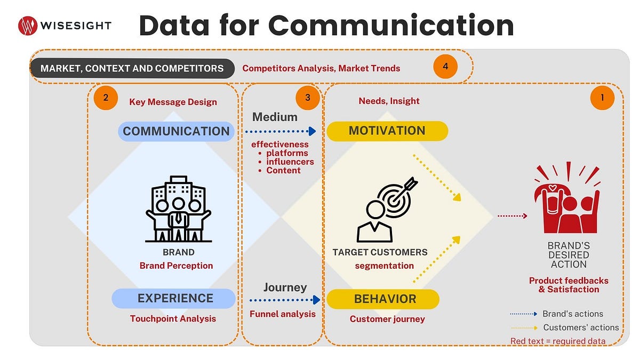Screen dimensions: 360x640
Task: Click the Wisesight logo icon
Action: pyautogui.click(x=27, y=25)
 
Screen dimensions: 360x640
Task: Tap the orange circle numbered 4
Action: pyautogui.click(x=445, y=67)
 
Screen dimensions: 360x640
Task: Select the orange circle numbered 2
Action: pyautogui.click(x=105, y=98)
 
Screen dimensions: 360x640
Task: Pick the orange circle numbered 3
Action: pyautogui.click(x=308, y=98)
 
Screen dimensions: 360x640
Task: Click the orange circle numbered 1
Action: pyautogui.click(x=602, y=98)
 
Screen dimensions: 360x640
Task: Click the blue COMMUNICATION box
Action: pyautogui.click(x=176, y=131)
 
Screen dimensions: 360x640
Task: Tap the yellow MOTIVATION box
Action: pyautogui.click(x=387, y=131)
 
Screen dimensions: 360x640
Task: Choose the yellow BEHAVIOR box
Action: pyautogui.click(x=383, y=299)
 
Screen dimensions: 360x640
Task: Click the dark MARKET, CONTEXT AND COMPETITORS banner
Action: pyautogui.click(x=132, y=68)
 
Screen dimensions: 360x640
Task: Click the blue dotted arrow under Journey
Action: pyautogui.click(x=285, y=300)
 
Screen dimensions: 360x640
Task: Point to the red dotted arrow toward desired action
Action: pyautogui.click(x=512, y=216)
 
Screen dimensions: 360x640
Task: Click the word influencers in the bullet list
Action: pyautogui.click(x=290, y=162)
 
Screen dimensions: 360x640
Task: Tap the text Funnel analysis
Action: pyautogui.click(x=283, y=314)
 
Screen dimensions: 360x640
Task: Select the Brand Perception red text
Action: pyautogui.click(x=176, y=266)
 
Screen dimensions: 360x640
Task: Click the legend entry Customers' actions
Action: pyautogui.click(x=581, y=327)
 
